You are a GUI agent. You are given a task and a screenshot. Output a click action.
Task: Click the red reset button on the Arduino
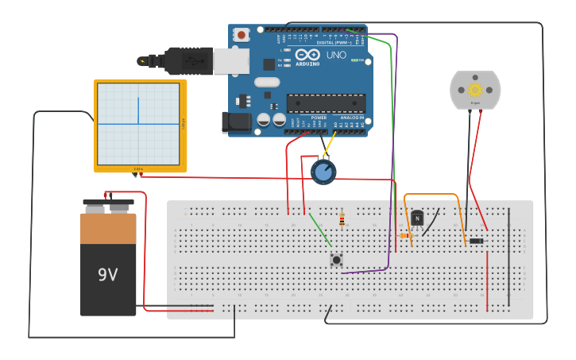242,35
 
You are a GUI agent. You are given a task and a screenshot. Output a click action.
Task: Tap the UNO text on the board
336,56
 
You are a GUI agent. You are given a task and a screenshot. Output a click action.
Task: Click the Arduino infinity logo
307,56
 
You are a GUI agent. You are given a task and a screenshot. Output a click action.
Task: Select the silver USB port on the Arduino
232,61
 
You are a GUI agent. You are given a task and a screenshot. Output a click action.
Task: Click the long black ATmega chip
326,103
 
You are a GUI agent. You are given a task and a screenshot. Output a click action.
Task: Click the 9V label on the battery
107,275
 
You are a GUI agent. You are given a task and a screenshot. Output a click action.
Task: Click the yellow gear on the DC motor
475,90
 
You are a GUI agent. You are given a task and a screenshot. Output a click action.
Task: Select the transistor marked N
417,219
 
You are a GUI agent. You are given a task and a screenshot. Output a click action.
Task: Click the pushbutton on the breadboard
336,259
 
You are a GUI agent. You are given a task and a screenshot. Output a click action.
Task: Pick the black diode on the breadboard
476,241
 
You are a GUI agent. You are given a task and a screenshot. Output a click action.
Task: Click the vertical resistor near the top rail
342,219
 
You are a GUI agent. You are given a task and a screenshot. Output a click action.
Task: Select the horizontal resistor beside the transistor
405,235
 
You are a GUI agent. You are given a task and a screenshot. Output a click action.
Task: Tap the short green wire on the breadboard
320,230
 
